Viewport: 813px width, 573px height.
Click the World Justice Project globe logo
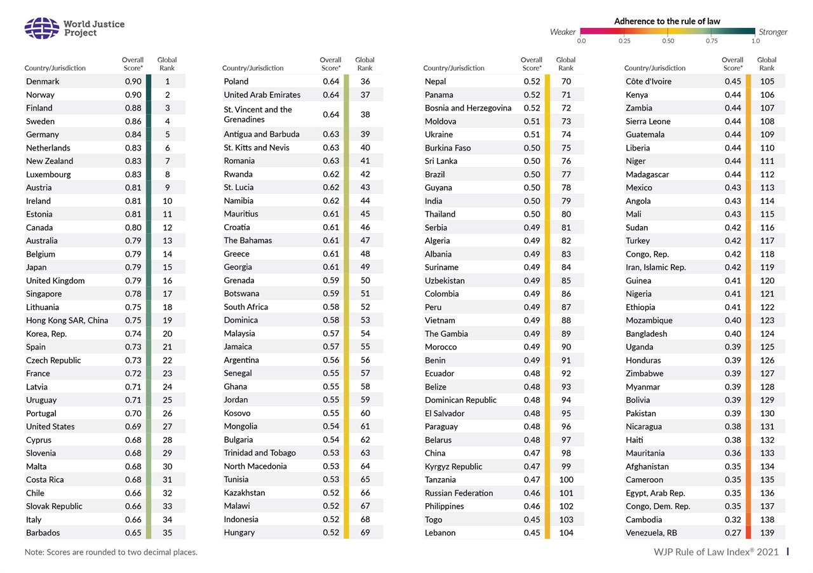click(x=41, y=28)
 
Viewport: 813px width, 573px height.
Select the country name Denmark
click(x=43, y=81)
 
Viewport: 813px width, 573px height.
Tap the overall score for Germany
click(x=133, y=135)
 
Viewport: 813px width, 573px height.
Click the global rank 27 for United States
click(x=168, y=427)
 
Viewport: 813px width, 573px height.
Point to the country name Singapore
click(x=44, y=294)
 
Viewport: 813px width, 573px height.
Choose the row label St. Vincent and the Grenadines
click(x=258, y=114)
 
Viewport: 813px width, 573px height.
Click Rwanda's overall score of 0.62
click(x=331, y=174)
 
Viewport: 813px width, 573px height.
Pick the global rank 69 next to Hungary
click(x=365, y=533)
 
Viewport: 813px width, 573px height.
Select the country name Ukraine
click(x=439, y=135)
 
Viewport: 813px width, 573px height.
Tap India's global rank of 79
click(x=566, y=201)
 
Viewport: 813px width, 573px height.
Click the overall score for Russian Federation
click(x=532, y=493)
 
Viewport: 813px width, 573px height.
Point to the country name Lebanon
click(x=440, y=533)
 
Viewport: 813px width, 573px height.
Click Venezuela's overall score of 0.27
click(x=732, y=533)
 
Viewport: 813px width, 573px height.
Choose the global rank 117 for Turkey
click(x=767, y=241)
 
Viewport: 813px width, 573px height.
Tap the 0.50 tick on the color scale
click(x=668, y=41)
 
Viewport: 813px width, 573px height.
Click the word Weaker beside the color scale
click(x=563, y=32)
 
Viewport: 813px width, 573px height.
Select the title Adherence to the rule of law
click(x=667, y=21)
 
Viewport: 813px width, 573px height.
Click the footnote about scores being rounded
click(x=111, y=552)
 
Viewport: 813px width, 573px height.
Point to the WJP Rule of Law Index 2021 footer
click(x=716, y=552)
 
